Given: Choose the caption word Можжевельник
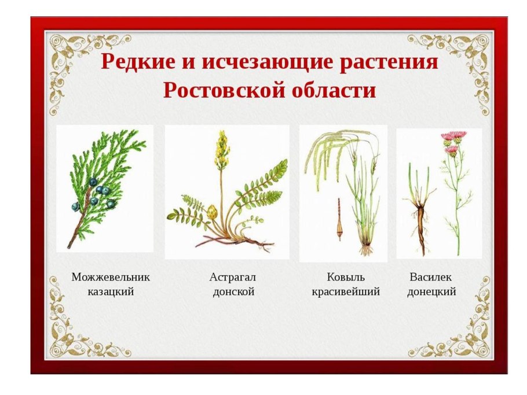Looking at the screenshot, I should point(111,276).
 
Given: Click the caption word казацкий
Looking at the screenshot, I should point(111,291).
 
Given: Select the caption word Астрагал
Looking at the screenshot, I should point(232,276).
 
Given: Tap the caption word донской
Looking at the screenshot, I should point(233,291).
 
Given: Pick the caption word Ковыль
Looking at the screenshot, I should point(345,276).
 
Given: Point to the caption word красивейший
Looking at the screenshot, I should point(346,291).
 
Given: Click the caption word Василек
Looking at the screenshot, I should point(431,276).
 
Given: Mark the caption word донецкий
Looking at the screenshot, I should point(431,291).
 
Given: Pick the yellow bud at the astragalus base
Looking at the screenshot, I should point(213,212).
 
